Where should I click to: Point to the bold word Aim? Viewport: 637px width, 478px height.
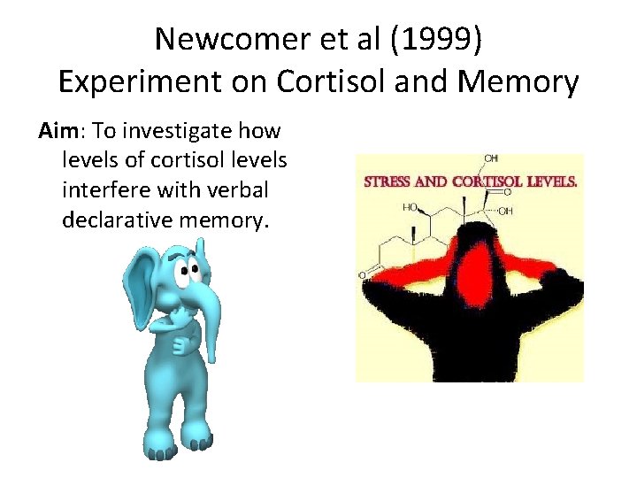pyautogui.click(x=60, y=132)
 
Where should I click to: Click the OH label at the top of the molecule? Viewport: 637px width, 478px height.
pyautogui.click(x=490, y=158)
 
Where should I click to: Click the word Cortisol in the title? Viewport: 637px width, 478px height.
pyautogui.click(x=328, y=81)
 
